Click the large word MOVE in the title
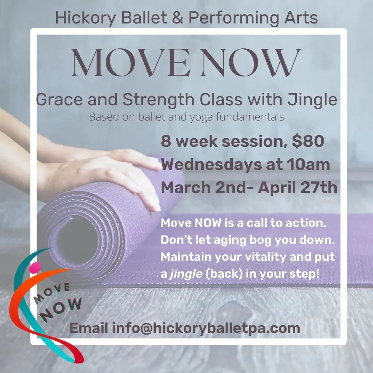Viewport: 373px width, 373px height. [131, 63]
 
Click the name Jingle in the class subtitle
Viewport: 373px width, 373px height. [312, 100]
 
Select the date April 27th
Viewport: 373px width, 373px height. [298, 188]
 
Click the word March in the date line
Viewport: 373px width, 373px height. [186, 188]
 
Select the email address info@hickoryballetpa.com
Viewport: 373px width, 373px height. [206, 328]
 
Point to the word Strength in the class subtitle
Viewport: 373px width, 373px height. [159, 100]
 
